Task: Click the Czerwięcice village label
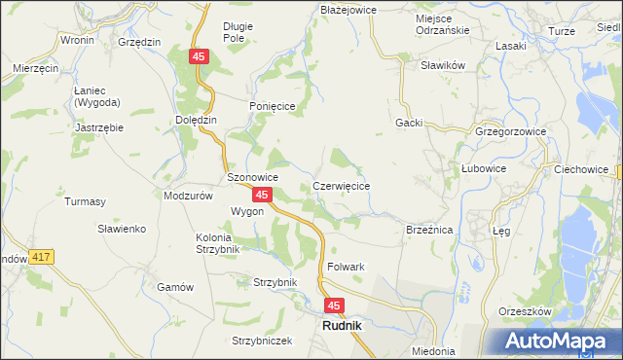[341, 185]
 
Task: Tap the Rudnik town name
[342, 327]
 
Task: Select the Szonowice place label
[253, 178]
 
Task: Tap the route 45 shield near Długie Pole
[200, 58]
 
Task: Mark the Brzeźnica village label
[429, 230]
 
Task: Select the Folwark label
[347, 267]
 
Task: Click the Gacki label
[408, 123]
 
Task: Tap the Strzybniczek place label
[262, 341]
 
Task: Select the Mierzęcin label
[37, 69]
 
